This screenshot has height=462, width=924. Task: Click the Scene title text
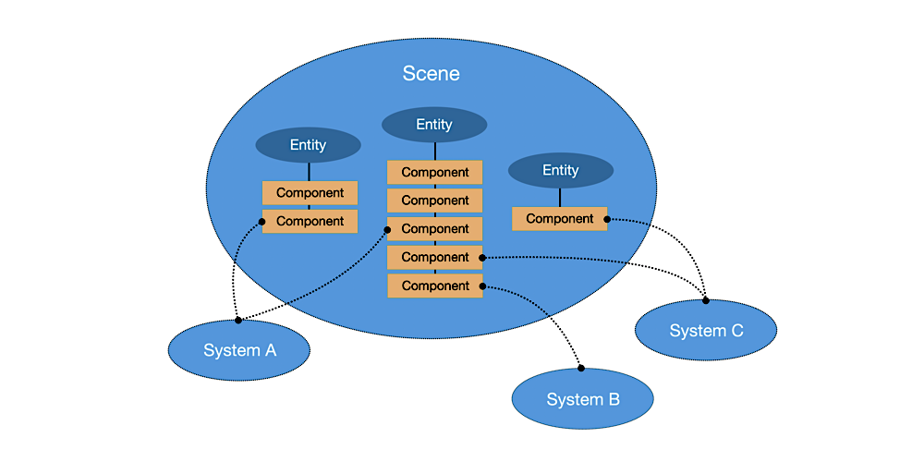(431, 74)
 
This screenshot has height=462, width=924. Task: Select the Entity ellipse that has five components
(434, 125)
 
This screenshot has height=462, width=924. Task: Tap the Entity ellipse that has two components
(308, 145)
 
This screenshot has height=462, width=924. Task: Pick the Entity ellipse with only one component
(560, 171)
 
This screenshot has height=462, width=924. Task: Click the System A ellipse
(239, 351)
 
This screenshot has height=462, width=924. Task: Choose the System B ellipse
(582, 399)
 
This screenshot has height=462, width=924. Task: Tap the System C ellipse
(706, 331)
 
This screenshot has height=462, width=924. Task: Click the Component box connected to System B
(434, 286)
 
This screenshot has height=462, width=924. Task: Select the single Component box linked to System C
(559, 219)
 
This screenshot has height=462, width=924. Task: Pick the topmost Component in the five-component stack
(434, 173)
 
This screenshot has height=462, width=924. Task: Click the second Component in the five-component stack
(434, 201)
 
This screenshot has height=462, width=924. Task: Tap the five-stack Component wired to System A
(434, 229)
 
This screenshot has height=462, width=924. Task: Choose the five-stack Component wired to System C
(434, 258)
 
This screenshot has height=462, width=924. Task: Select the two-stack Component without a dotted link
(310, 193)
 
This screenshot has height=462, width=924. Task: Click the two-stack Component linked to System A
(310, 222)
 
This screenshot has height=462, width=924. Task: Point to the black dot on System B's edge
(581, 368)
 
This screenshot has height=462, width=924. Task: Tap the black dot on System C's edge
(706, 300)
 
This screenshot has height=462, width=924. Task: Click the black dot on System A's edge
(237, 320)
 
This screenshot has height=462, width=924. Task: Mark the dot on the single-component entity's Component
(607, 219)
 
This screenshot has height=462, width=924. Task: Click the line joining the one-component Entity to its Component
(560, 198)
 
